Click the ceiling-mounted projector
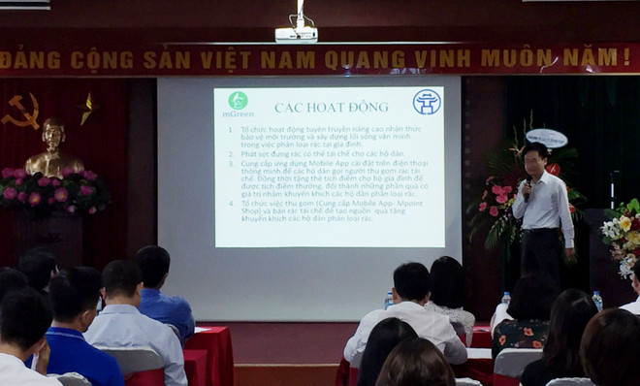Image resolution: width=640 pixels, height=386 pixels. [x=296, y=34]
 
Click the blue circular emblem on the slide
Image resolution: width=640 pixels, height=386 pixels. [x=426, y=102]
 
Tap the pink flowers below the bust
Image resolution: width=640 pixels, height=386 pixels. [x=53, y=189]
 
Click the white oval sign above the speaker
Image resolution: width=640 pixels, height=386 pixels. [x=546, y=138]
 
